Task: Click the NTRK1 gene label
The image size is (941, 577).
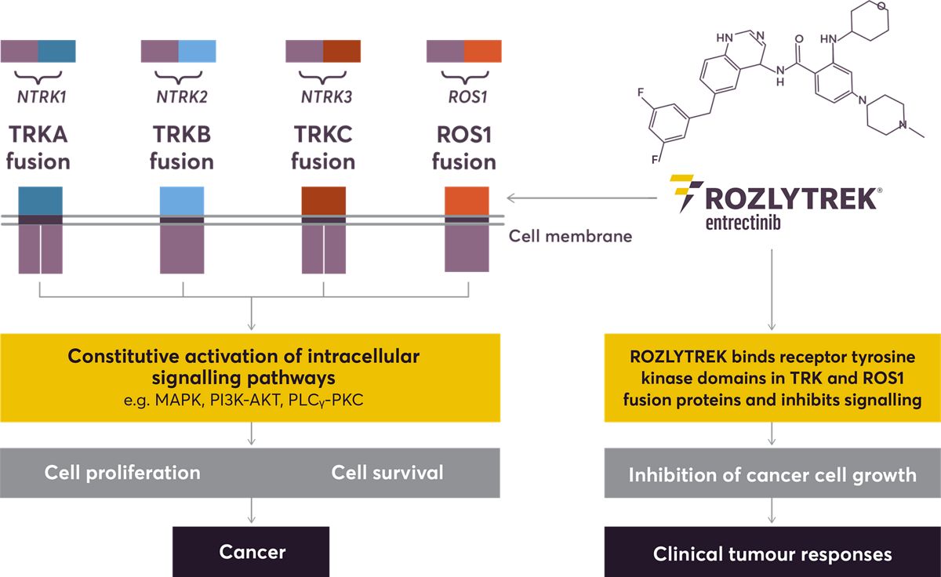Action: [38, 99]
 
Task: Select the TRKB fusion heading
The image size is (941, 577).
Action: [181, 148]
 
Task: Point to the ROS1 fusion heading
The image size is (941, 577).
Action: [463, 148]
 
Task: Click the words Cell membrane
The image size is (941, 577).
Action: [570, 235]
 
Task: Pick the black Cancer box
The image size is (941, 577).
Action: [252, 552]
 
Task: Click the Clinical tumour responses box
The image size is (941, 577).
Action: [772, 553]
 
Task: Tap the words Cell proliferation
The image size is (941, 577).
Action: [122, 473]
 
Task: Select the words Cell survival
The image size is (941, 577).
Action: [387, 473]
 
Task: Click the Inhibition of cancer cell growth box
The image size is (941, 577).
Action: [772, 474]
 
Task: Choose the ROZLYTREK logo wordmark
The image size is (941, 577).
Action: [787, 198]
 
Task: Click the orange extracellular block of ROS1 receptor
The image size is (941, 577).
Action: [467, 201]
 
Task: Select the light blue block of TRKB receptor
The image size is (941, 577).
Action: [183, 201]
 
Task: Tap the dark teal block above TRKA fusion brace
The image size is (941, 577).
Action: [56, 51]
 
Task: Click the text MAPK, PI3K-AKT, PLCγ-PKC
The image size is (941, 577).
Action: [249, 401]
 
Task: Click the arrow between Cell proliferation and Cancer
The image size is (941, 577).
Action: [251, 510]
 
